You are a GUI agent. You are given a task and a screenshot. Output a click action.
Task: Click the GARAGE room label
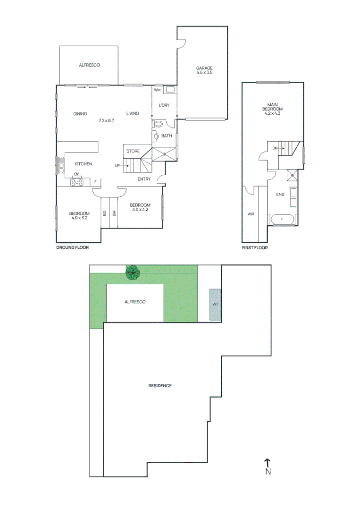204,68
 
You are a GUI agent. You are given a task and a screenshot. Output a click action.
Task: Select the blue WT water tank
215,305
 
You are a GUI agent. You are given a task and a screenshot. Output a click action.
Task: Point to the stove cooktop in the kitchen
77,182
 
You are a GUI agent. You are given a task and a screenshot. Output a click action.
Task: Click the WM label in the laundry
158,90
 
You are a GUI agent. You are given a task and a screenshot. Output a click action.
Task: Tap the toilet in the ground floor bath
159,125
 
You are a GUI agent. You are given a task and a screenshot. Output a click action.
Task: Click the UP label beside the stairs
117,166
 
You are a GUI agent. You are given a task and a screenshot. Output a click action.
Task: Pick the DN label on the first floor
275,148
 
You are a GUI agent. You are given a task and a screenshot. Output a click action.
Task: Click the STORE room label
133,151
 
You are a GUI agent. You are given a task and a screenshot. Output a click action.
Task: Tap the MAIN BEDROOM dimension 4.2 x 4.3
272,113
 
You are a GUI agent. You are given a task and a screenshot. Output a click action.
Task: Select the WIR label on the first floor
251,214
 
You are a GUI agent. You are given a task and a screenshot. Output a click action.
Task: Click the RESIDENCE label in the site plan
160,386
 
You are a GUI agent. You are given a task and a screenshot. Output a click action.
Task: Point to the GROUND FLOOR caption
72,247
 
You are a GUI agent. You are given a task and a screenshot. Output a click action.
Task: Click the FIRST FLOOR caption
254,247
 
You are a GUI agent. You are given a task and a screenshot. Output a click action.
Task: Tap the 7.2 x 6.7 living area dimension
107,121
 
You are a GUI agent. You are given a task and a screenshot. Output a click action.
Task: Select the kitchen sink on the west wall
60,166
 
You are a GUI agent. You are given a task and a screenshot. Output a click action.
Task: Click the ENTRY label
144,179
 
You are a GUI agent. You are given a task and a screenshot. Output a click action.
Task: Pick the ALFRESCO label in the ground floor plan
89,65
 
